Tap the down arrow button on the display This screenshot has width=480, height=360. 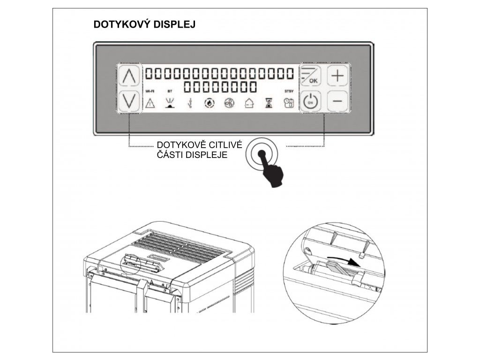(129, 100)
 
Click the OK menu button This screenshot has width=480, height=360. (310, 76)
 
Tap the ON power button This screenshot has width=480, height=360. (310, 101)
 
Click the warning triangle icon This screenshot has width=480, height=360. (150, 103)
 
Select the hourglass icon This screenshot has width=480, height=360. (269, 103)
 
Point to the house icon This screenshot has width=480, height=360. (249, 103)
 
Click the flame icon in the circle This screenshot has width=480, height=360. (209, 103)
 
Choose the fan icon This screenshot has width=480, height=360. (228, 103)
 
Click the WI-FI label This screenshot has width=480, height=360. (150, 91)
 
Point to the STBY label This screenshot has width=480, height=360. (288, 91)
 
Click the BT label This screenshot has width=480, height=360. (170, 91)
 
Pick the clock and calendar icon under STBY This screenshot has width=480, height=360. (288, 103)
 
